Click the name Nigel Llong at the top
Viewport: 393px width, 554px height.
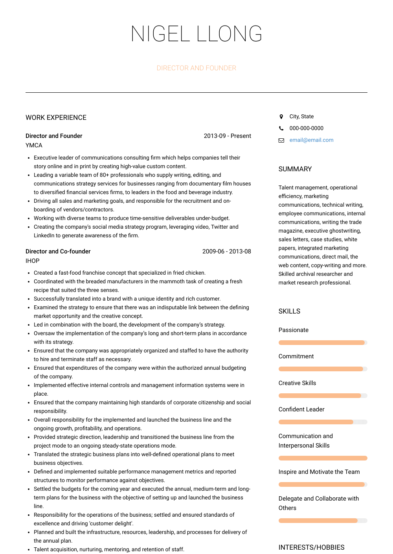[196, 34]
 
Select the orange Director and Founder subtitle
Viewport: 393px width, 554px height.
[196, 68]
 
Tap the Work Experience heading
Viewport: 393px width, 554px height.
[56, 117]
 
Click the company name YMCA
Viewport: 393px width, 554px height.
[34, 145]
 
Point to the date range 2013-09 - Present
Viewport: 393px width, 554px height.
[227, 136]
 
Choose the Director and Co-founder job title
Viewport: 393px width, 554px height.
[58, 251]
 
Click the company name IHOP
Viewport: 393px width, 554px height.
[33, 261]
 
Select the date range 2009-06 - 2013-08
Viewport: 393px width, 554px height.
[226, 251]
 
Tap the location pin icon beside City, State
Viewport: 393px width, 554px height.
[281, 117]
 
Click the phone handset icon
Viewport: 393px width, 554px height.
[281, 128]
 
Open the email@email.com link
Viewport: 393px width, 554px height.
[311, 140]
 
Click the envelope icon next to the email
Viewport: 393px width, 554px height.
[281, 140]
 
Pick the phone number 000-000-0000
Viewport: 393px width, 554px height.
[306, 128]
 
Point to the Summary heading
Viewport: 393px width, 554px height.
[295, 169]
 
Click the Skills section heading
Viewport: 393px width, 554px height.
[289, 311]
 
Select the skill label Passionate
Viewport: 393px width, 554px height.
[293, 330]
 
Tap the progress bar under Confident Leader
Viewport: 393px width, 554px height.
[323, 422]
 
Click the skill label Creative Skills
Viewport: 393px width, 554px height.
[297, 383]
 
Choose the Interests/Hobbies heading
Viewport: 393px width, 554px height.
[311, 547]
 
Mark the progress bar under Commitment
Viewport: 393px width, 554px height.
[323, 369]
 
